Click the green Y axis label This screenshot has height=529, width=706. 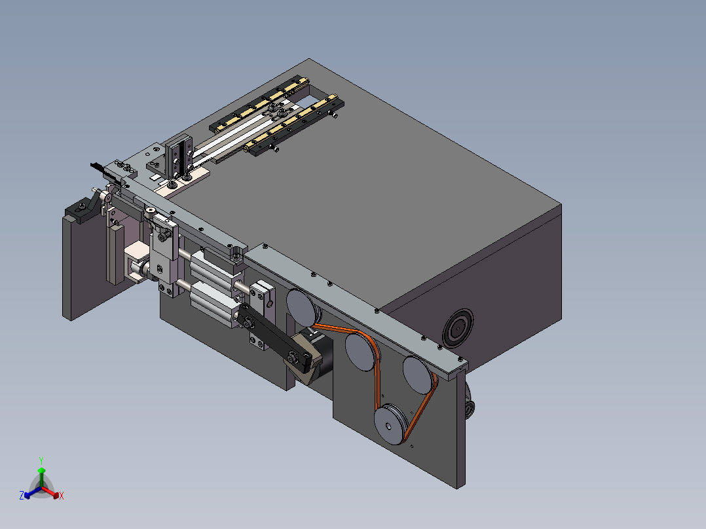point(41,460)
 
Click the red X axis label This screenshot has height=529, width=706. point(62,496)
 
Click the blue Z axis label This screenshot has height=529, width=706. point(22,495)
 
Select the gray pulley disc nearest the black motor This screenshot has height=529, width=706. point(303,308)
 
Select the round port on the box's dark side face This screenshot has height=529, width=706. point(458,328)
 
